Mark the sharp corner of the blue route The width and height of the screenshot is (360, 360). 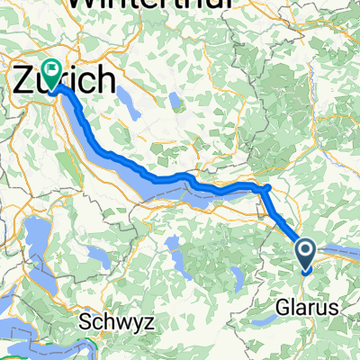pos(266,187)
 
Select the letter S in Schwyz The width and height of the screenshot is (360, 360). pos(84,321)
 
